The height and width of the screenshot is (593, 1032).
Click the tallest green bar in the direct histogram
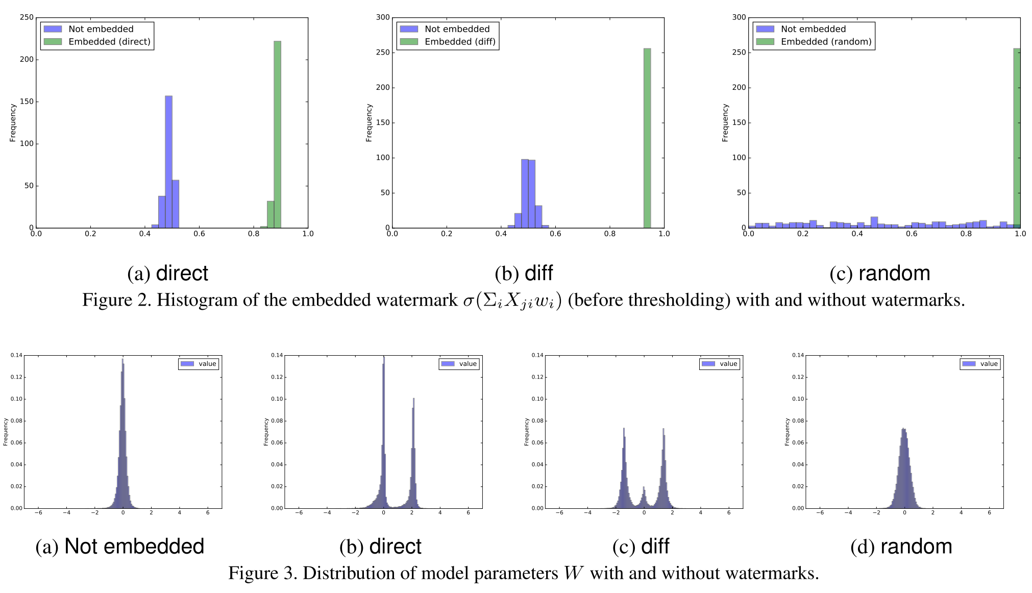tap(277, 135)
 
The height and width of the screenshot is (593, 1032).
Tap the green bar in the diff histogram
tap(647, 138)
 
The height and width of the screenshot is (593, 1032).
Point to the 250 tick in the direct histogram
tap(27, 17)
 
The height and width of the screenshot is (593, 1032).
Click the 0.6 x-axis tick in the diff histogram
tap(555, 234)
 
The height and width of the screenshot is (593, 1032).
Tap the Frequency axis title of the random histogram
tap(725, 123)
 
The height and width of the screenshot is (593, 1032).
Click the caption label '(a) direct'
tap(167, 274)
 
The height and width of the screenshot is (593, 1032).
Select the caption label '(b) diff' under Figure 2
tap(524, 274)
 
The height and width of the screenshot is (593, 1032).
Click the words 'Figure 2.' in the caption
tap(117, 300)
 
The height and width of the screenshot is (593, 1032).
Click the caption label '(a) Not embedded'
tap(120, 547)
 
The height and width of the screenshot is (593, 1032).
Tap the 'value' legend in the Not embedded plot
tap(199, 364)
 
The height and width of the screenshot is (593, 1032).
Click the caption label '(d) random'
tap(901, 547)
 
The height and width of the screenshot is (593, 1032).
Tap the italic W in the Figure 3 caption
tap(574, 573)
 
